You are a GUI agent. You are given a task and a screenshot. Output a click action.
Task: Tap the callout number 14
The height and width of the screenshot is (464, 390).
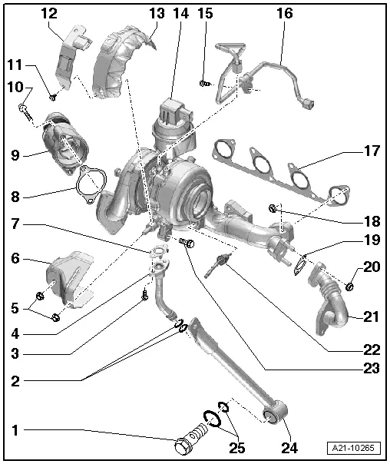[180, 13]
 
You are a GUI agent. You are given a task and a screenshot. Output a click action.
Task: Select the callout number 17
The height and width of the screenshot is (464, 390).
[372, 151]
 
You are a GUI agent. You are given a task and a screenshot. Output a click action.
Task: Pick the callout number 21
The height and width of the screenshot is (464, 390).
[372, 317]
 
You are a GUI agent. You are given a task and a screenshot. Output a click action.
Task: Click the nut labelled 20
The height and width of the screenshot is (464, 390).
[350, 287]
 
